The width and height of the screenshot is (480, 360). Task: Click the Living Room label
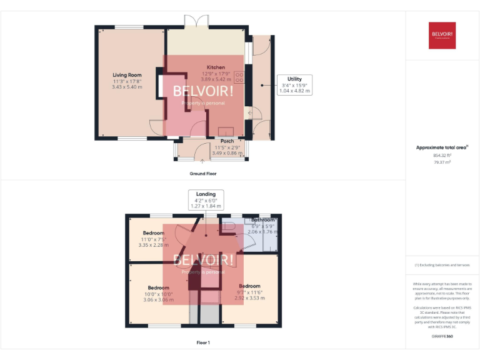click(127, 74)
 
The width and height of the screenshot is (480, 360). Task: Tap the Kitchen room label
click(216, 67)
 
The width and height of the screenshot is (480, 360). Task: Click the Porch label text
click(226, 141)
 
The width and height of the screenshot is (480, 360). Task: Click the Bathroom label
click(262, 220)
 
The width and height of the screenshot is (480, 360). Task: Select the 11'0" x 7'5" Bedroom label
click(152, 233)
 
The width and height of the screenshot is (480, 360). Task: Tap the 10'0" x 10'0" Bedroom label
click(158, 287)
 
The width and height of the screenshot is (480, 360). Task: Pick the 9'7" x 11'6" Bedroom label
click(249, 286)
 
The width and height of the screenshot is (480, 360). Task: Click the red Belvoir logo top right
click(442, 36)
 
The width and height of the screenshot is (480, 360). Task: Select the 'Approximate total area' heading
click(442, 147)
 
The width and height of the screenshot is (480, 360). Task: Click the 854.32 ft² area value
click(442, 155)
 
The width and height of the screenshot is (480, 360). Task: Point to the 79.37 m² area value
click(442, 162)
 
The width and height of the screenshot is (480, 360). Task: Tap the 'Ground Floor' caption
click(202, 173)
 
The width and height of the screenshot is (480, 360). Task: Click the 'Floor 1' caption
click(202, 342)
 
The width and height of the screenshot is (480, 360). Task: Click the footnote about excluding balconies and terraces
click(442, 265)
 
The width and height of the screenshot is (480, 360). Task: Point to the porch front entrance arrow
click(202, 161)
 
